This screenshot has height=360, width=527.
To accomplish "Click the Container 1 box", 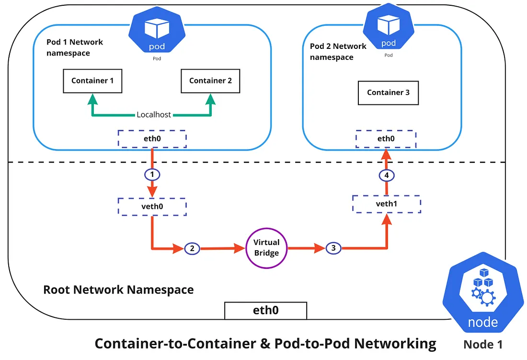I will tap(92, 81).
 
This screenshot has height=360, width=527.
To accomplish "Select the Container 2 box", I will tap(210, 81).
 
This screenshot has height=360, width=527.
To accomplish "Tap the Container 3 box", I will tap(388, 93).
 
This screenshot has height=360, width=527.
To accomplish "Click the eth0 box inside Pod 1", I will tap(152, 139).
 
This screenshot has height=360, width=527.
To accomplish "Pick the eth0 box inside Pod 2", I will tap(386, 139).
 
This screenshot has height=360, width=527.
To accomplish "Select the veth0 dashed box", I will tap(152, 206).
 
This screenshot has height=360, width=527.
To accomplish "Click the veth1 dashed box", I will tap(386, 204).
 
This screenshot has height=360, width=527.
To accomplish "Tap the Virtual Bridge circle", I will tap(266, 248).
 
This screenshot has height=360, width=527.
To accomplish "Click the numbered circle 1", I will tap(152, 175).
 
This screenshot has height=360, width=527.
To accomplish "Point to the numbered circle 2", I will tap(192, 248).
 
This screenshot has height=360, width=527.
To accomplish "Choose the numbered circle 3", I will tap(333, 248).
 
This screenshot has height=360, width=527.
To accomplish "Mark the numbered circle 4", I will tap(386, 175).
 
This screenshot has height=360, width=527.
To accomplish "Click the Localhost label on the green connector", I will tap(154, 115).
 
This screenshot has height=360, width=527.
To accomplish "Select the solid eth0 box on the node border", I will tap(265, 310).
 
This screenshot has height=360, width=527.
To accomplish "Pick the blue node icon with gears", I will tap(482, 300).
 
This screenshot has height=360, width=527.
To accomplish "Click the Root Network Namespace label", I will tap(118, 290).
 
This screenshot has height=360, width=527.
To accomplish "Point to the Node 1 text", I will tap(483, 344).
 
